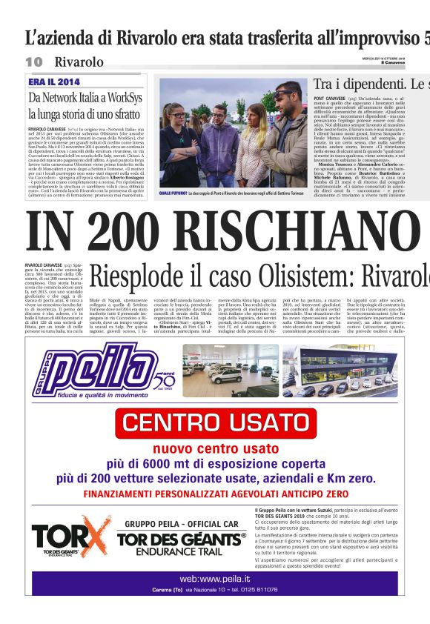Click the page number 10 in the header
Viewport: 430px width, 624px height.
pos(34,61)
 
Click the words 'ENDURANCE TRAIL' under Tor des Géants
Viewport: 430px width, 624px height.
pos(182,550)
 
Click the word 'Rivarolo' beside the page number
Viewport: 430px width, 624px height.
pos(79,61)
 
